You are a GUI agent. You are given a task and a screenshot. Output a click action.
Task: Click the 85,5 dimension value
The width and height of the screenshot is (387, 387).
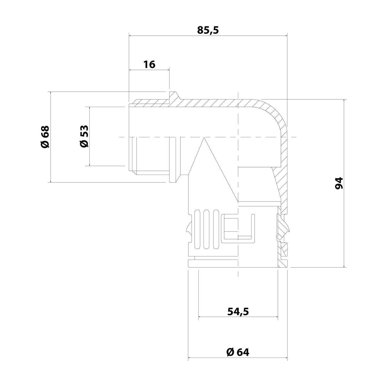[x=208, y=30]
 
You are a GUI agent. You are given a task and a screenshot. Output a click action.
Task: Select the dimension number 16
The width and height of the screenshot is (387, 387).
[x=149, y=64]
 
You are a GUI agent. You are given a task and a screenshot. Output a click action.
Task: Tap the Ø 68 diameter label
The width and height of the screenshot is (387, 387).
[x=45, y=137]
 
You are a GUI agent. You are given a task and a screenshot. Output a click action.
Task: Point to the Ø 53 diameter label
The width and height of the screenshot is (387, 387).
[x=84, y=136]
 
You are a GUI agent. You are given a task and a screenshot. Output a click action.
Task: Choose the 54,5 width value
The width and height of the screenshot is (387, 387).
[x=238, y=312]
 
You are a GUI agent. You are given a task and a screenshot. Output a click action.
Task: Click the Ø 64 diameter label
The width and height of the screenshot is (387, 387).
[x=238, y=352]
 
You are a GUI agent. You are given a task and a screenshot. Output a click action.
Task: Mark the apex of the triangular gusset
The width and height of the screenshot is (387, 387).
[x=204, y=138]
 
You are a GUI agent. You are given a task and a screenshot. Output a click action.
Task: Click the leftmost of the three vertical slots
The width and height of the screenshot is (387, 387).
[x=198, y=230]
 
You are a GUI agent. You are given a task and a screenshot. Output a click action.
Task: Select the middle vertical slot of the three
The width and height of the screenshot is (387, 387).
[x=206, y=230]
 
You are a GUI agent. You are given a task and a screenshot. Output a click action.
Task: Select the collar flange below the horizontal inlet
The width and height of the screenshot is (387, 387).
[x=173, y=178]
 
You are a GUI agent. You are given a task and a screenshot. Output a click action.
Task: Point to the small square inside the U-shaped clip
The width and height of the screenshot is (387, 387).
[x=230, y=224]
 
